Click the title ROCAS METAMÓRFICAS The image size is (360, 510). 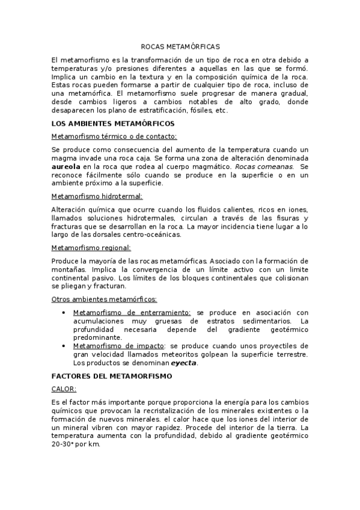click(x=180, y=46)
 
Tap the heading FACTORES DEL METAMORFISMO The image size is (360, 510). click(x=112, y=376)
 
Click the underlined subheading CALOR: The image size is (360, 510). click(x=64, y=389)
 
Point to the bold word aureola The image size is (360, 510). click(x=67, y=166)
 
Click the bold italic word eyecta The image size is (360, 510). click(x=183, y=363)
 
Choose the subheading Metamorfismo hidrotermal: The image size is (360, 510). click(x=97, y=197)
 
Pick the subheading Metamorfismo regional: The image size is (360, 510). click(x=91, y=247)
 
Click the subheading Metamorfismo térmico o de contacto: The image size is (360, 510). click(x=114, y=137)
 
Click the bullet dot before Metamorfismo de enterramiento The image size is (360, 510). click(x=64, y=312)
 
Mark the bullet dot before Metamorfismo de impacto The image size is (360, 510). click(x=64, y=346)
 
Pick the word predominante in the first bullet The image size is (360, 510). click(x=98, y=337)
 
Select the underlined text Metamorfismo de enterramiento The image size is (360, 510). click(x=132, y=312)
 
